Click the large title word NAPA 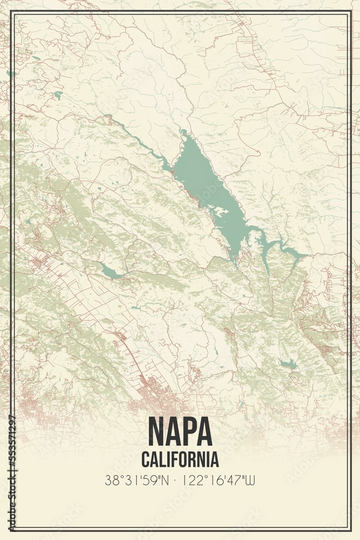click(180, 431)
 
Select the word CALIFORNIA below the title click(180, 460)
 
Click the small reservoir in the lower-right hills click(289, 364)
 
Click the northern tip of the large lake click(184, 132)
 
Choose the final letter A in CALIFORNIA click(215, 460)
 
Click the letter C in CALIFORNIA click(146, 460)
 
